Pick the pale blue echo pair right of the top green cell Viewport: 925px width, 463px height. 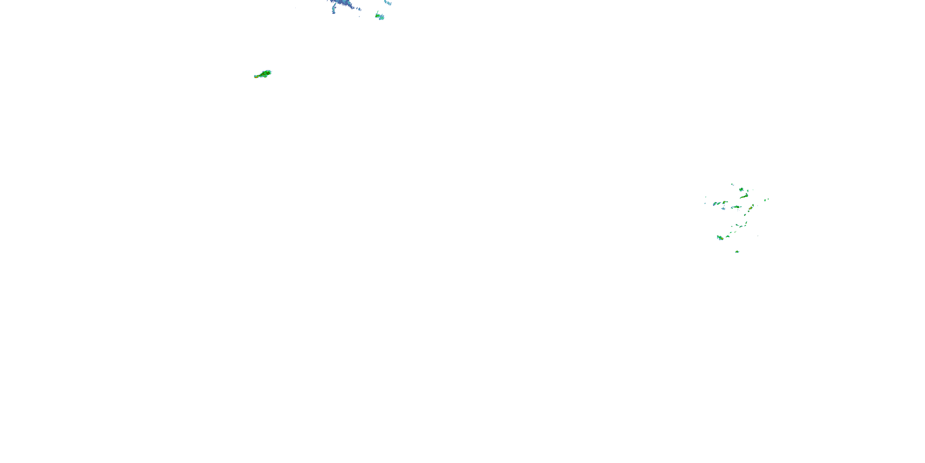coord(388,3)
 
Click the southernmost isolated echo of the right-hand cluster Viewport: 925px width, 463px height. coord(737,252)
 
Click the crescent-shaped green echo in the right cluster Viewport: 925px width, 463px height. coord(744,196)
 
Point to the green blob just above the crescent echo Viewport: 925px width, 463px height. coord(741,190)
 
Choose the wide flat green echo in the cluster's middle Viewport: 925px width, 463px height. coord(736,207)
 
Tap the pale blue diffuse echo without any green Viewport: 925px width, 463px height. coord(723,208)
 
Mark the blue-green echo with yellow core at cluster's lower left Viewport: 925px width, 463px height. coord(720,238)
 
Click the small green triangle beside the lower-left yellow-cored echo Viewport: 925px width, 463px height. coord(728,236)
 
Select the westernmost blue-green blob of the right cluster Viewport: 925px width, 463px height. coord(715,204)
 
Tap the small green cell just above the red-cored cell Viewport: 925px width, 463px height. coord(753,205)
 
